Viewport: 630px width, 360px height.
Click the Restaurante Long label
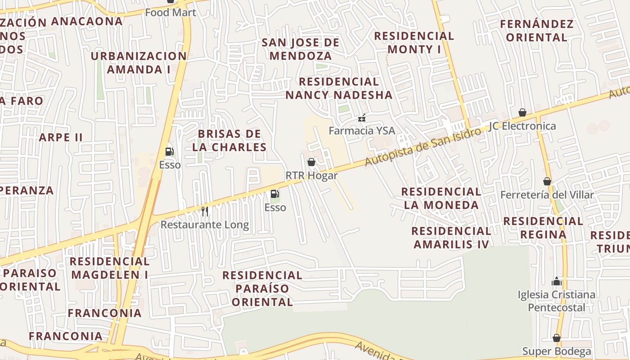[x=205, y=225]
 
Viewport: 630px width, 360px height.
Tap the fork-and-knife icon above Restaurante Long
[x=205, y=211]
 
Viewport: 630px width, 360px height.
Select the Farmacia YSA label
[x=362, y=130]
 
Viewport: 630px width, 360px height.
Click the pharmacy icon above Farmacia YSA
[x=361, y=118]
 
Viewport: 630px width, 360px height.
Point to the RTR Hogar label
[x=311, y=175]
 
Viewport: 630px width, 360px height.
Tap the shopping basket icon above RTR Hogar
[x=311, y=162]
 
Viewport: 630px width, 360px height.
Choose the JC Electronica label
[x=522, y=126]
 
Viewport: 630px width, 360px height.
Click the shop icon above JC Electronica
[x=522, y=112]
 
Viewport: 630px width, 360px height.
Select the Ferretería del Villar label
[x=547, y=195]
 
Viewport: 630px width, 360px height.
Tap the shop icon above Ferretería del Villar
[x=547, y=181]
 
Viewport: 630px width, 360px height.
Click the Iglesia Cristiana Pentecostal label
[x=557, y=301]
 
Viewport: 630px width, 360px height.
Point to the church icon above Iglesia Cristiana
[x=557, y=282]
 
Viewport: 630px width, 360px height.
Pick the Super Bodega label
[x=557, y=351]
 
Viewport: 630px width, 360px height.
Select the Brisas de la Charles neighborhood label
[x=229, y=140]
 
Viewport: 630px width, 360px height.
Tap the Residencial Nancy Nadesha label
[x=339, y=88]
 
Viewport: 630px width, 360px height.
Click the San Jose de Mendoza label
[x=301, y=49]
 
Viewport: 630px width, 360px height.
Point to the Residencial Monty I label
[x=414, y=42]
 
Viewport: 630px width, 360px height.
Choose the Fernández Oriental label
[x=537, y=30]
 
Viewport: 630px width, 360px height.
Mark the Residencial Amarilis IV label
[x=451, y=238]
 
